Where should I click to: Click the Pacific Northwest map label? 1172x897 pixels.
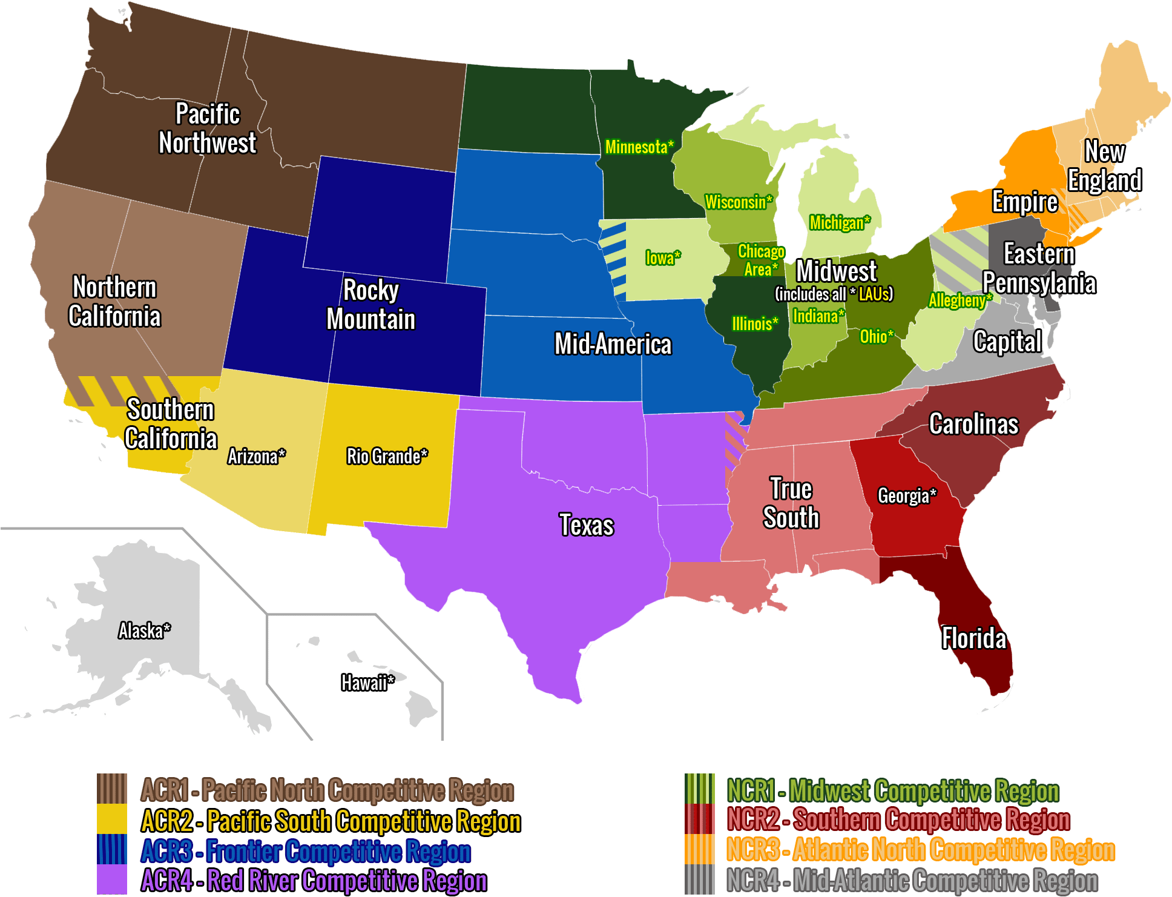click(x=208, y=128)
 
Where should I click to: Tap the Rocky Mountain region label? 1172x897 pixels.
click(x=371, y=305)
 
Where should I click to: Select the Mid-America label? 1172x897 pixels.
click(x=613, y=345)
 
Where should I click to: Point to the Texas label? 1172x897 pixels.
click(x=586, y=525)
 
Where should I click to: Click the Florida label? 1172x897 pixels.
click(x=974, y=638)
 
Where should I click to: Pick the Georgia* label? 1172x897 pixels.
click(x=907, y=496)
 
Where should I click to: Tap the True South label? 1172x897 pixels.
click(x=791, y=503)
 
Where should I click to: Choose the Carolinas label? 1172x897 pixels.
click(x=973, y=425)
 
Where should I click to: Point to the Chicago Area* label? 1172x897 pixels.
click(x=761, y=260)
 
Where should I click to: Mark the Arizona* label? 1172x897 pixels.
click(x=256, y=457)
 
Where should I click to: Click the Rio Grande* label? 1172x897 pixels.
click(x=387, y=456)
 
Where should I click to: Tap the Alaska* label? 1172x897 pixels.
click(x=144, y=631)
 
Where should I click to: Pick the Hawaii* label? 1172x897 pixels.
click(x=367, y=683)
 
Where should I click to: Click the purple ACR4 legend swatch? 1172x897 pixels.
click(x=112, y=879)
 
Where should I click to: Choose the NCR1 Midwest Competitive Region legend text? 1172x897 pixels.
click(x=893, y=790)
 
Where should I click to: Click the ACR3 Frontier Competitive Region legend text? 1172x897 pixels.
click(x=306, y=851)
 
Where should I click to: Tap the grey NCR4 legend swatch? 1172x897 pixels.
click(x=700, y=879)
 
